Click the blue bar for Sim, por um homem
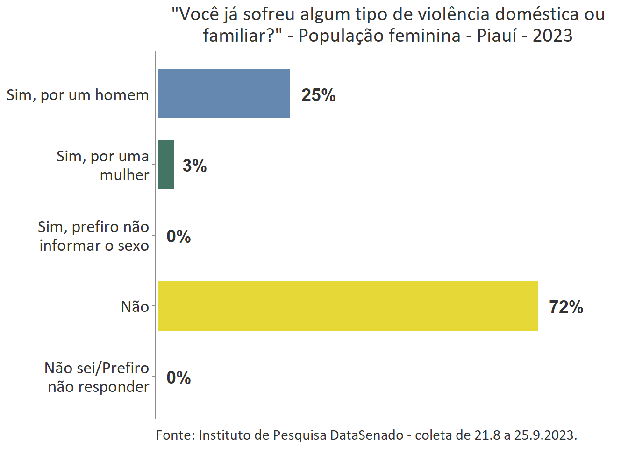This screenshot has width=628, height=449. pyautogui.click(x=224, y=94)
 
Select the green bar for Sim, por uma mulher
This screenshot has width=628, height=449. pyautogui.click(x=166, y=165)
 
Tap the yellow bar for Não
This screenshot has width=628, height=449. pyautogui.click(x=348, y=306)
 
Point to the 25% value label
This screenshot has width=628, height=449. pyautogui.click(x=318, y=95)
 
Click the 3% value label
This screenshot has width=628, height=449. pyautogui.click(x=194, y=166)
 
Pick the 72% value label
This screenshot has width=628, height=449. pyautogui.click(x=566, y=307)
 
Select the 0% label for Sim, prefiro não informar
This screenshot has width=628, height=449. pyautogui.click(x=178, y=237)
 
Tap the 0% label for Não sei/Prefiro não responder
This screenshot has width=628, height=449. pyautogui.click(x=178, y=378)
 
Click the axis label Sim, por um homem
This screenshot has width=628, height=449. pyautogui.click(x=78, y=95)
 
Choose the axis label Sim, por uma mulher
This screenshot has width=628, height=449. pyautogui.click(x=103, y=166)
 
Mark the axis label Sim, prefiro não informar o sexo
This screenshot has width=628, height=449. pyautogui.click(x=94, y=236)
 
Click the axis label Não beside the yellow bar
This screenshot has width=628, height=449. pyautogui.click(x=135, y=307)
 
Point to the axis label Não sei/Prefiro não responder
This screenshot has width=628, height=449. pyautogui.click(x=97, y=377)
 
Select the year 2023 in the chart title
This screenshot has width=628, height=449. pyautogui.click(x=552, y=36)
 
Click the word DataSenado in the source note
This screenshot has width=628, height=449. pyautogui.click(x=366, y=435)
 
